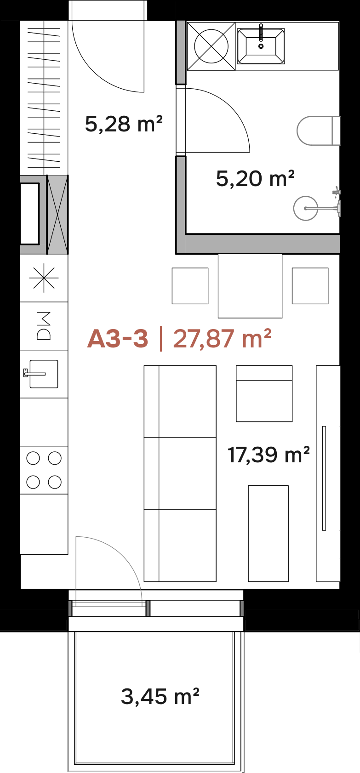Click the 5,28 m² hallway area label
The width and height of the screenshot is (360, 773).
pos(124,124)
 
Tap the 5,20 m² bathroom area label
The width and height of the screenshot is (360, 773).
pos(255,178)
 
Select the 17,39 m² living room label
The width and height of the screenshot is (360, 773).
pos(269,455)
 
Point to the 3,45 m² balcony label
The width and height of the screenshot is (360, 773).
pos(160,696)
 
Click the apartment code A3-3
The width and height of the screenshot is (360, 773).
pos(118,339)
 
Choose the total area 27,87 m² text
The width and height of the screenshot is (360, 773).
pos(222,339)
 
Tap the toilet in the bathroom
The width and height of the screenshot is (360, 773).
pos(318,131)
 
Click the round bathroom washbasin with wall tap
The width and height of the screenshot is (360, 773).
pos(305,208)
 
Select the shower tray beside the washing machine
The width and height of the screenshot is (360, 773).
pos(261,46)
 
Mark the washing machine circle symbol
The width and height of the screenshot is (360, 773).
pos(211,46)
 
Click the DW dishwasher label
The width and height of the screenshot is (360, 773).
pos(44,326)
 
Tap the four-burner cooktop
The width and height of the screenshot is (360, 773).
pos(44,470)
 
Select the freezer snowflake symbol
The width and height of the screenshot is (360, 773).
pos(44,278)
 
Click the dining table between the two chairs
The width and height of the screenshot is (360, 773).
pos(250,286)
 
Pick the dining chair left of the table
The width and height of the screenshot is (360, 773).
pos(190,286)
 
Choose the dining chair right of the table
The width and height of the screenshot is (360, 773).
pos(310,286)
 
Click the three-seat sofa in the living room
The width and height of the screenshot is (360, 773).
pos(180,473)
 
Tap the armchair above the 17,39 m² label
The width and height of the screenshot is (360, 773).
pos(264,393)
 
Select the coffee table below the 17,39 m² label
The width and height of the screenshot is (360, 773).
pos(268,534)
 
